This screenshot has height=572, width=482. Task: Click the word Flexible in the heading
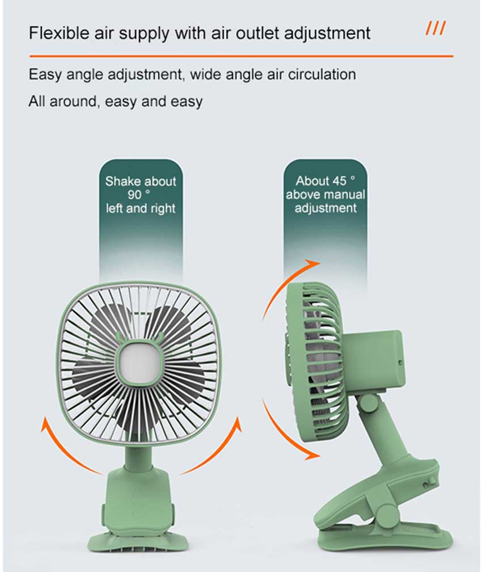(59, 33)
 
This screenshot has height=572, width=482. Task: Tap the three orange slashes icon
(436, 28)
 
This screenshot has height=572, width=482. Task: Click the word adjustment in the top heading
(327, 33)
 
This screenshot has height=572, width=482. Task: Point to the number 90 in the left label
(134, 195)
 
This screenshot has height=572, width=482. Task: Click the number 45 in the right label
(339, 181)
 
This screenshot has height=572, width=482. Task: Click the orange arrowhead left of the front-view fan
(45, 424)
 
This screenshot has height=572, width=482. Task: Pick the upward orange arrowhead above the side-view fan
(313, 263)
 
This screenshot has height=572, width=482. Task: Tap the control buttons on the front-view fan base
(138, 505)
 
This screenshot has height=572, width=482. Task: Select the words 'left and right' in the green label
(141, 208)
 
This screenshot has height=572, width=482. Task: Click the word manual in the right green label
(345, 195)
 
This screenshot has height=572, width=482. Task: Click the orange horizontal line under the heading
(242, 56)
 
